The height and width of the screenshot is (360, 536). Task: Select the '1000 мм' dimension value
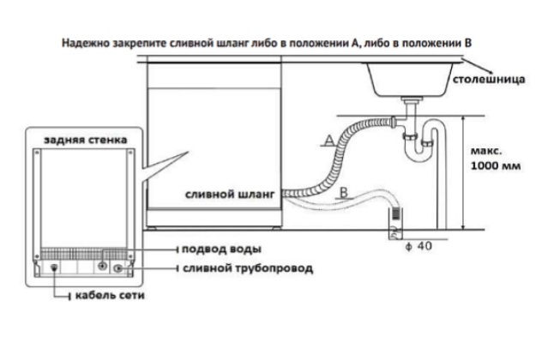[x=496, y=166]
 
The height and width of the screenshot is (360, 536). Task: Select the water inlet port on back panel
[x=105, y=264]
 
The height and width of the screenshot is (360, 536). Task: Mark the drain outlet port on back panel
[x=119, y=268]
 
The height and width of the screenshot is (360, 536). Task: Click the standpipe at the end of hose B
[x=396, y=219]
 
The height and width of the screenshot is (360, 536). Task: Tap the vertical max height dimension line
[x=462, y=171]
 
